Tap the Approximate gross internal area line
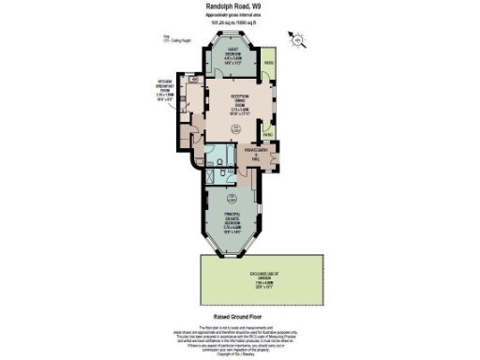[240, 18]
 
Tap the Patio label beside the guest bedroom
[268, 63]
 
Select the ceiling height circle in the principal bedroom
[232, 197]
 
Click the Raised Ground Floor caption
[240, 316]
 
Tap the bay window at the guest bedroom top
[232, 38]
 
